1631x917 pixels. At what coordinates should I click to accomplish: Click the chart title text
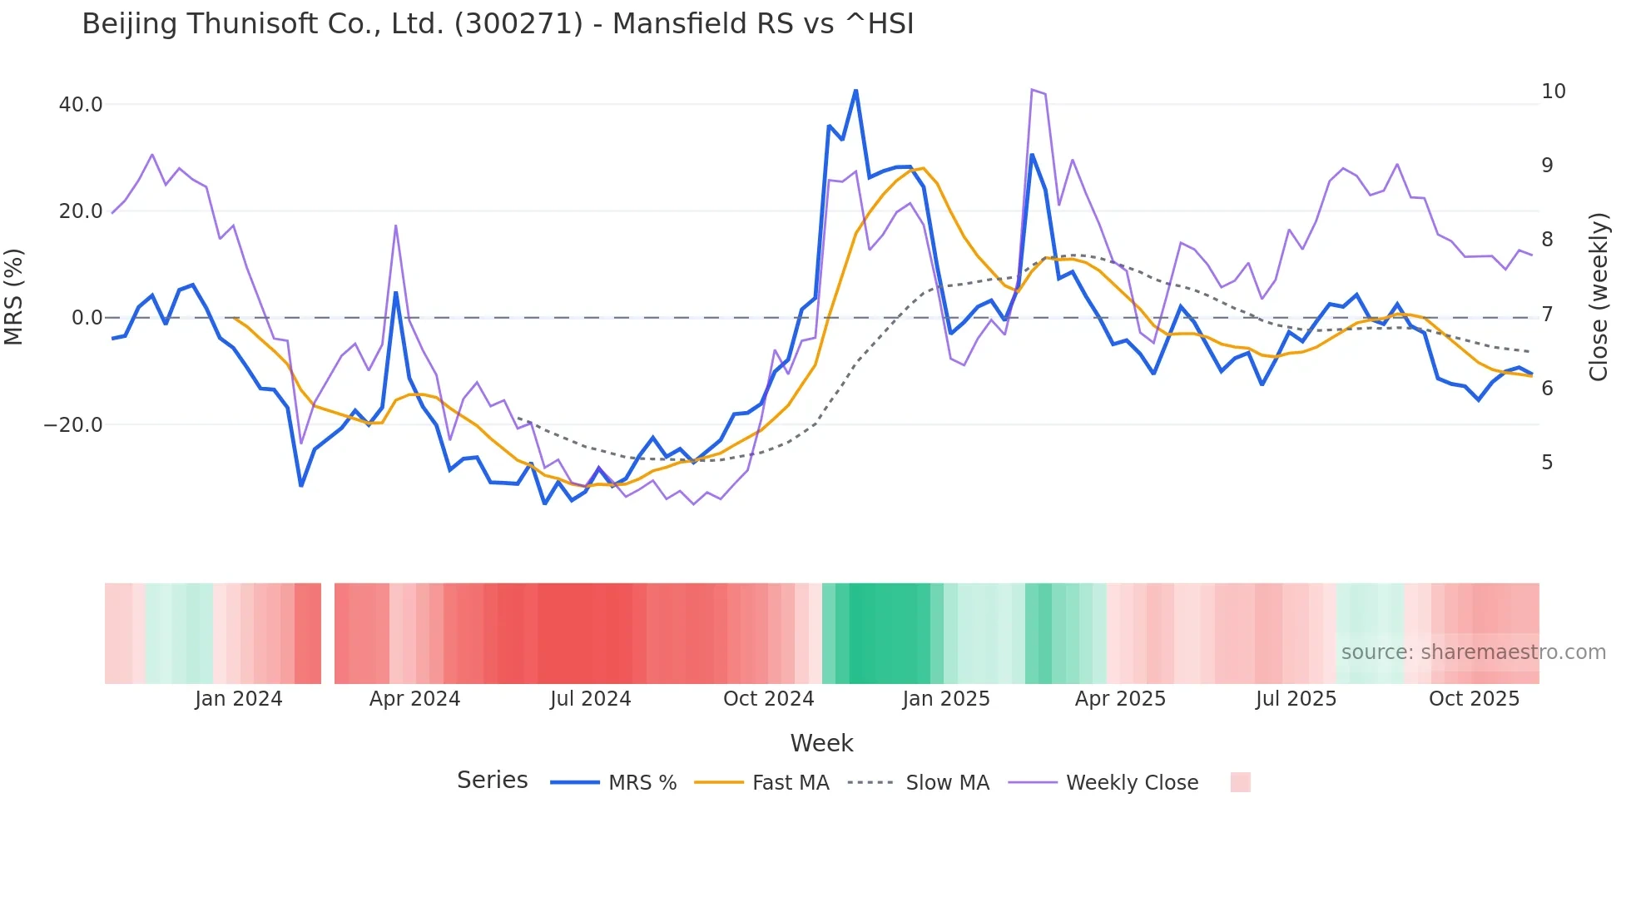click(498, 24)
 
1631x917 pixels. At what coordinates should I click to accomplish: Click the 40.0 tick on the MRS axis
click(81, 105)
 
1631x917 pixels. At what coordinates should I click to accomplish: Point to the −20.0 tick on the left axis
click(73, 425)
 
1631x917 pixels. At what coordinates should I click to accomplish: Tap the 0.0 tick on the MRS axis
click(87, 318)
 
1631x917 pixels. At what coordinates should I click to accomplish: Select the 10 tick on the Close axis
click(1554, 92)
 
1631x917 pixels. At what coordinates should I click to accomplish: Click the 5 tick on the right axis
click(1547, 463)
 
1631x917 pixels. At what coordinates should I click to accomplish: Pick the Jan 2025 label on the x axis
click(946, 699)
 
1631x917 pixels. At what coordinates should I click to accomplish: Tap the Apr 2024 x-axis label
click(414, 699)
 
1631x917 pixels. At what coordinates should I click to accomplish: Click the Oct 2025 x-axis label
click(1474, 699)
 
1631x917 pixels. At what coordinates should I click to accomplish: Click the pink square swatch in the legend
click(1240, 782)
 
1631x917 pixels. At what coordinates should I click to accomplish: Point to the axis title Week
click(821, 743)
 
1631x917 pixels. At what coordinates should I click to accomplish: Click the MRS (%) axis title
click(14, 296)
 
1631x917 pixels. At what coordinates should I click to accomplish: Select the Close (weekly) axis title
click(1598, 296)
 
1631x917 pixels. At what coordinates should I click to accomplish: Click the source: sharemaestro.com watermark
click(1473, 652)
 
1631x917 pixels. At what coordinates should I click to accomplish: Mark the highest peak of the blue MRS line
click(855, 90)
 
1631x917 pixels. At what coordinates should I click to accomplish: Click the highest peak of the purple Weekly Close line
click(1032, 89)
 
